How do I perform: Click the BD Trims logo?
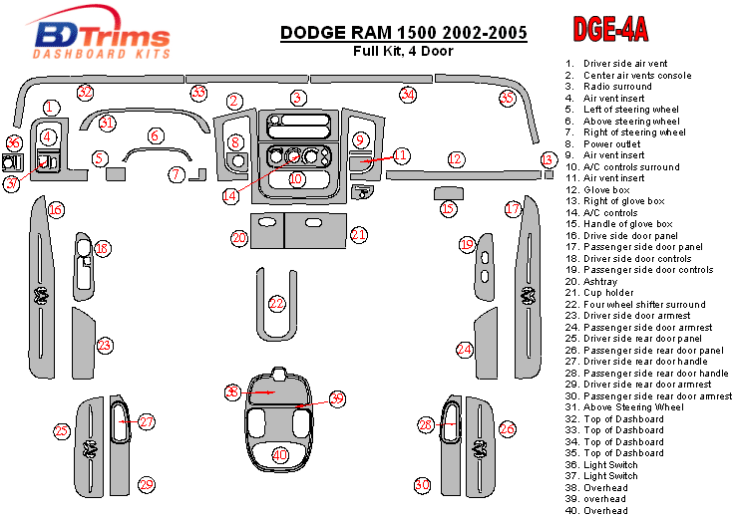coord(97,36)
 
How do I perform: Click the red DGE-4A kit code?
coord(610,31)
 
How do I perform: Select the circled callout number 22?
coord(276,303)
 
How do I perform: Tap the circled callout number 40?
coord(280,454)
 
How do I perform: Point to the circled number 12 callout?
coord(456,159)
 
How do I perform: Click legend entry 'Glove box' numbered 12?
coord(604,189)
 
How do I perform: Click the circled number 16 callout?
coord(56,209)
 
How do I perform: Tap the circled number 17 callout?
coord(513,209)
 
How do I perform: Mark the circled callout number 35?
coord(507,99)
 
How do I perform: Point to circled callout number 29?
coord(146,484)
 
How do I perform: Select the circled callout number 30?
coord(422,484)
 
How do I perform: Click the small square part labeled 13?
coord(550,174)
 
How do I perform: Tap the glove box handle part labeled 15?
coord(450,191)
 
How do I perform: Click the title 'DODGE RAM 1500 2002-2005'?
coord(404,32)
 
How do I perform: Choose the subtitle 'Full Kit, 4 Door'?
coord(404,51)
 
